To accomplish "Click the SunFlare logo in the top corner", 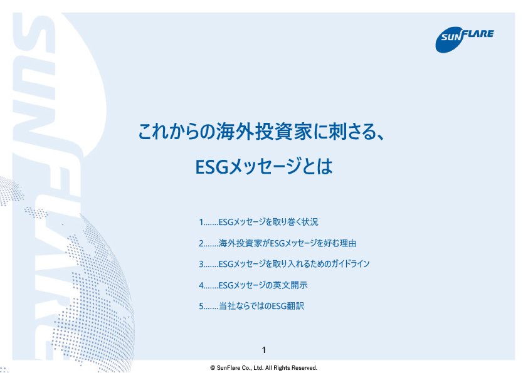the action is [x=465, y=39].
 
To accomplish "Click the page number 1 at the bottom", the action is [x=263, y=350].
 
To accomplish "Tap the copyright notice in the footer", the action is [x=263, y=367].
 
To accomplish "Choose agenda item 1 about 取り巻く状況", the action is [x=258, y=222].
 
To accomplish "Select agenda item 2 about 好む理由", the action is [x=277, y=243].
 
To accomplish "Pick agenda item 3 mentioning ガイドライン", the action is [x=284, y=264].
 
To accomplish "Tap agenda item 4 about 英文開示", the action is [x=253, y=285].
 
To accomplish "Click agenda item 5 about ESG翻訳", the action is [x=251, y=306].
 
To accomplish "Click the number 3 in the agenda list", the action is [x=201, y=265].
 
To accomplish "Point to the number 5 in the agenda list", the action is [x=201, y=307].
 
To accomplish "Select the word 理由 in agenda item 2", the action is [x=348, y=243].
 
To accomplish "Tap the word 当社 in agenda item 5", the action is [x=227, y=306].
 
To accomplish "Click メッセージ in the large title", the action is [x=265, y=167].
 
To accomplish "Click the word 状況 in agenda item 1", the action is [x=310, y=222].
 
